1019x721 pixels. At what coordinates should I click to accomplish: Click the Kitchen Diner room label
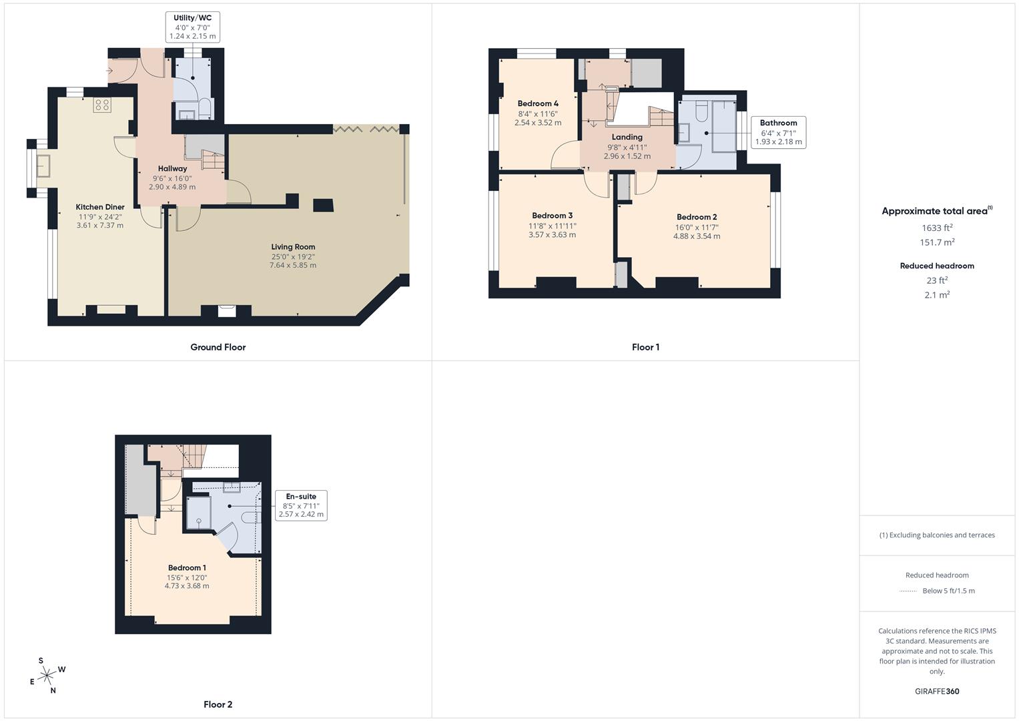click(x=100, y=207)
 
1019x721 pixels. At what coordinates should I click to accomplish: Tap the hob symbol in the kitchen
click(x=102, y=105)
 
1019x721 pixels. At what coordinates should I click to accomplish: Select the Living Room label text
click(x=293, y=247)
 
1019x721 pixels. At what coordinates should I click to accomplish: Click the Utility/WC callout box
click(x=192, y=27)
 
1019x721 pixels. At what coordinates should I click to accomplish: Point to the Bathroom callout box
click(x=778, y=132)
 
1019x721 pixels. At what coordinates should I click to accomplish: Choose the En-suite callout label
click(x=301, y=505)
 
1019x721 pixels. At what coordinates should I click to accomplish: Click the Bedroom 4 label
click(x=538, y=103)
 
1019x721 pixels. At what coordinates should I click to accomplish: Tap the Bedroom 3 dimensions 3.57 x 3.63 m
click(x=552, y=235)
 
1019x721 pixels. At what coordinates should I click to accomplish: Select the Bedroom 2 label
click(x=697, y=217)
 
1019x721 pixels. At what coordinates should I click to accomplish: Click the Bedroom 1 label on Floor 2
click(x=187, y=568)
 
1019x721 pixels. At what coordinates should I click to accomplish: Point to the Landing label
click(x=627, y=137)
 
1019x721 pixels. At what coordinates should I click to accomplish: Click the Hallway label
click(x=172, y=169)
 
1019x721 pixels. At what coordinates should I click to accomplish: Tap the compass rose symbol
click(x=47, y=676)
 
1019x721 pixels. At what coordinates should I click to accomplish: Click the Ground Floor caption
click(x=218, y=347)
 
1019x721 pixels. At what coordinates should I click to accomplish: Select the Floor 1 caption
click(x=645, y=347)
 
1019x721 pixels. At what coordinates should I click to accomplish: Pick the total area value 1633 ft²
click(x=937, y=228)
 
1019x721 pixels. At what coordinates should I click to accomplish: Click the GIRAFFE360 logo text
click(x=937, y=691)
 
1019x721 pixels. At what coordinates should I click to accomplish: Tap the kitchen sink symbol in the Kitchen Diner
click(x=44, y=164)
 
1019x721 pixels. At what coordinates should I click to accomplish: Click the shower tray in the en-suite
click(x=198, y=512)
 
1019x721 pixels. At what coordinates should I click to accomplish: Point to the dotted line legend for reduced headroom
click(x=908, y=591)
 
